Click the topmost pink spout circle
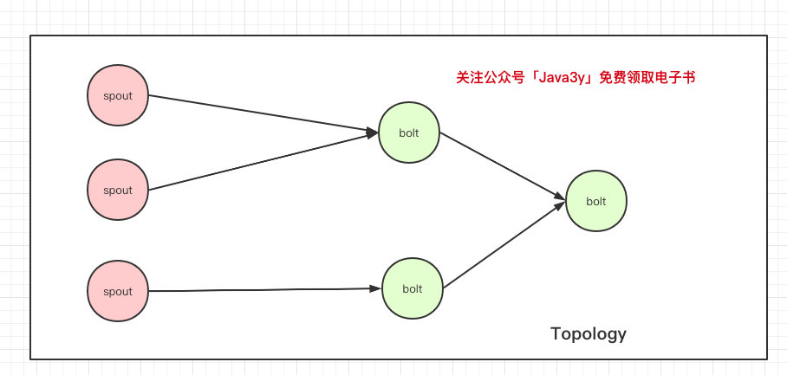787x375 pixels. tap(118, 95)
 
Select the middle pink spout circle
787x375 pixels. tap(118, 190)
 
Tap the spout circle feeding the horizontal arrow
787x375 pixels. tap(118, 291)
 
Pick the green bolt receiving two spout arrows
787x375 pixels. tap(408, 133)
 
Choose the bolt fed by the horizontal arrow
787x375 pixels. tap(412, 288)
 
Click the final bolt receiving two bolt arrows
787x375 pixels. tap(595, 201)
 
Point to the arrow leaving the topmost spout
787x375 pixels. tap(263, 114)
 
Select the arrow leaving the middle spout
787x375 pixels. tap(263, 161)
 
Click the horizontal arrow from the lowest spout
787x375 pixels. tap(265, 290)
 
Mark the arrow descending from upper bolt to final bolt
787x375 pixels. tap(503, 166)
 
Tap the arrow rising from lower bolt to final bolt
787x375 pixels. tap(504, 244)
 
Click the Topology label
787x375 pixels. tap(589, 334)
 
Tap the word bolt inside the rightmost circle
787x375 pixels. tap(595, 202)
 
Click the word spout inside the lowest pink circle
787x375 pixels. tap(118, 292)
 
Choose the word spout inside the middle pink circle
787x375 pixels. tap(118, 191)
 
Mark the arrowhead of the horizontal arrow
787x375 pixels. tap(376, 288)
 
